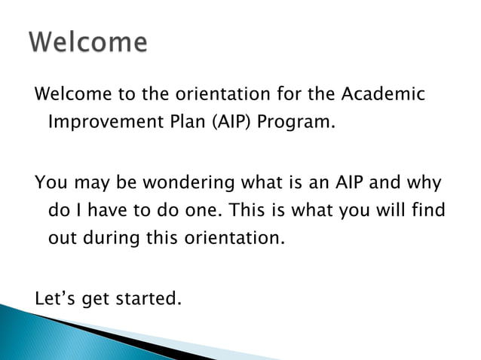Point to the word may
(x=84, y=184)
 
